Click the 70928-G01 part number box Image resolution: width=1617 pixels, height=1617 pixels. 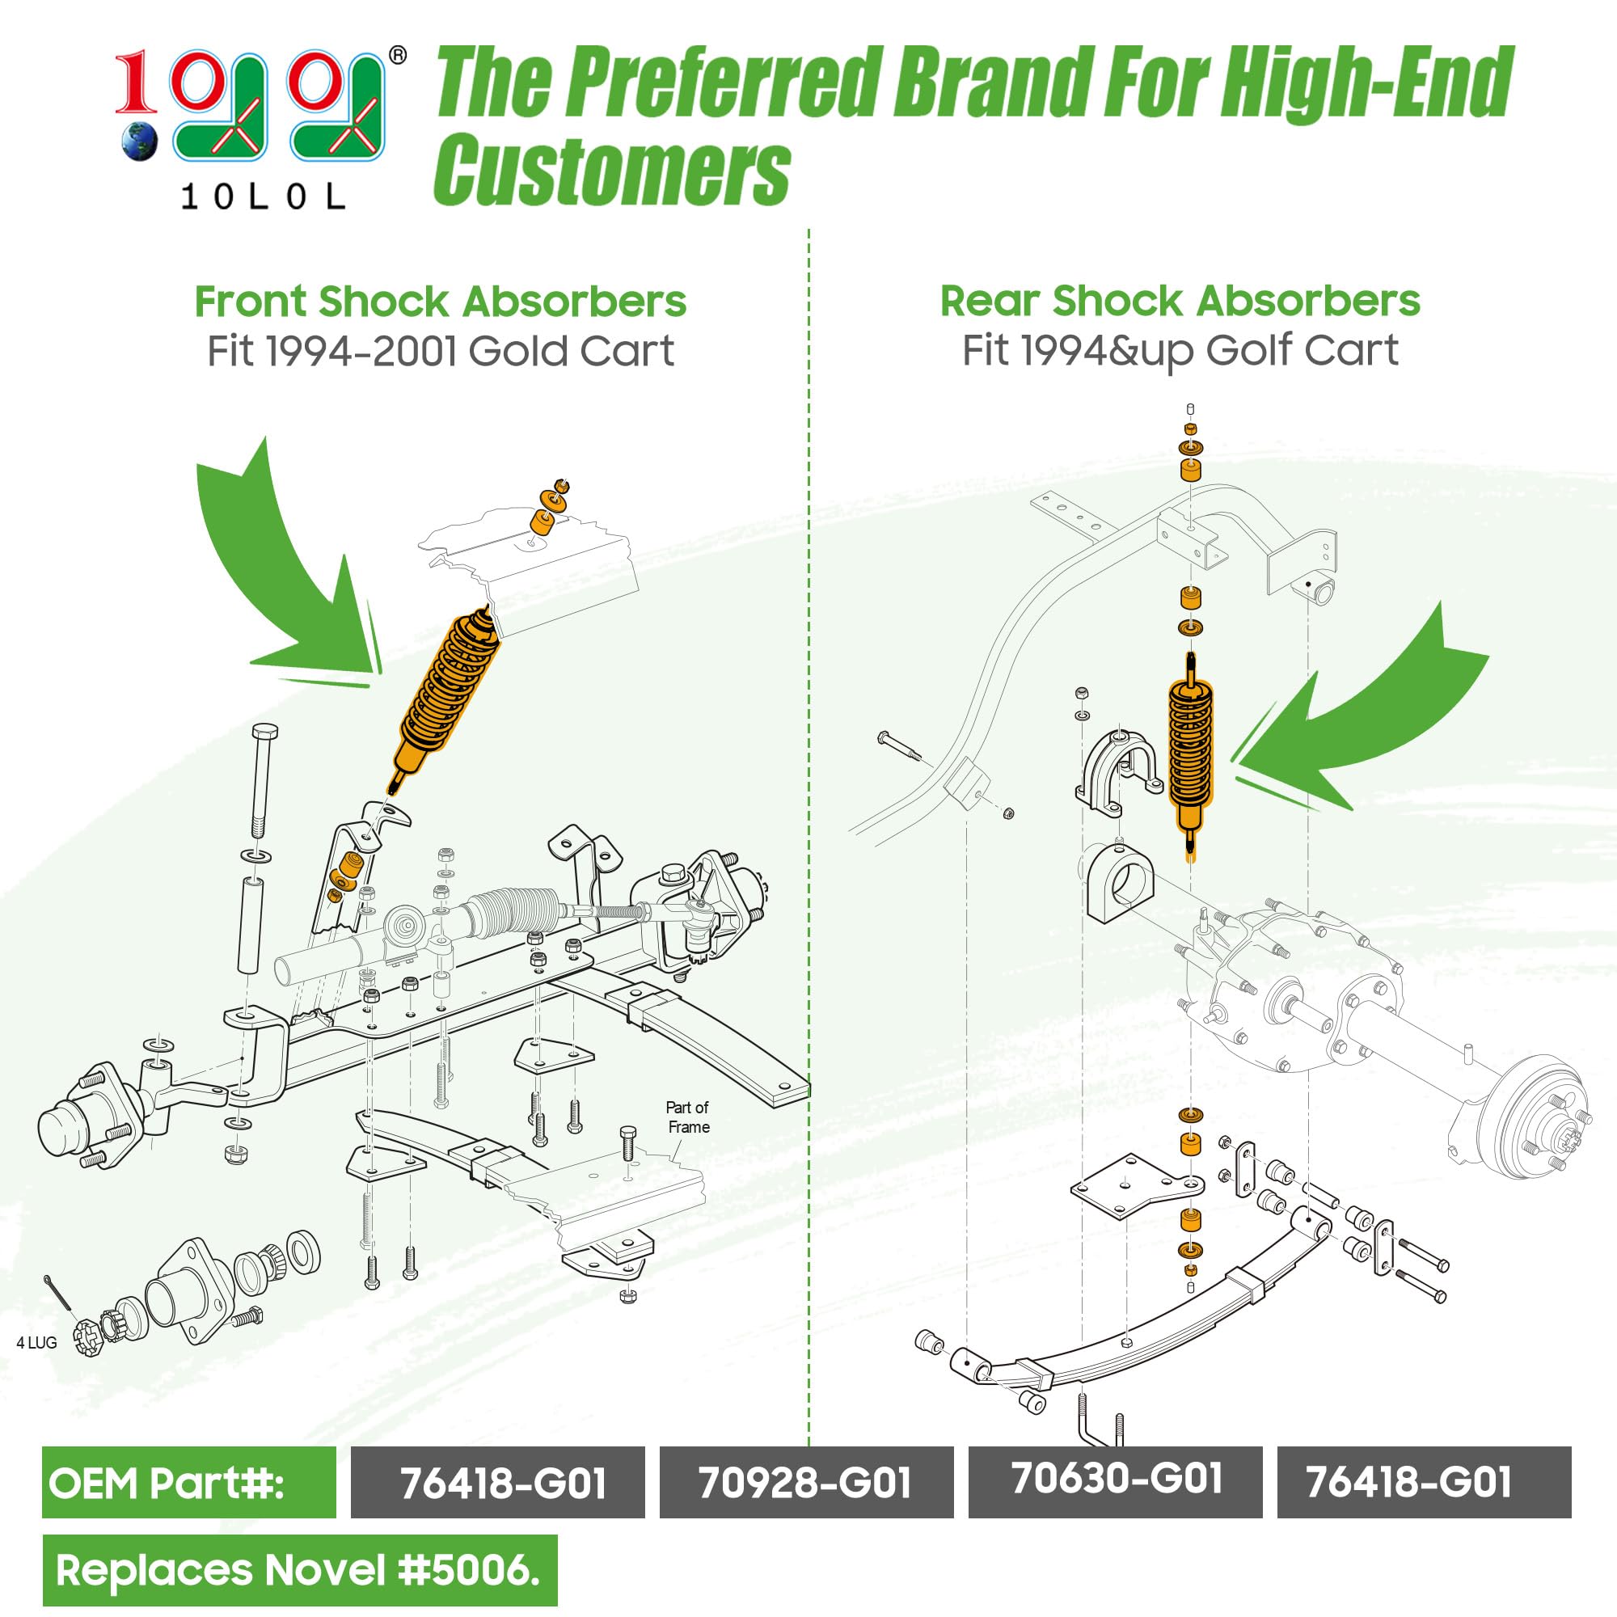pyautogui.click(x=806, y=1482)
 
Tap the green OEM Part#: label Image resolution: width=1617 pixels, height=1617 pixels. pyautogui.click(x=188, y=1482)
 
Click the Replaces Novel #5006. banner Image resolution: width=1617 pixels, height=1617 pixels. pyautogui.click(x=299, y=1570)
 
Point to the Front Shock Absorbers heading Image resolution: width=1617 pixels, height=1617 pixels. pyautogui.click(x=441, y=302)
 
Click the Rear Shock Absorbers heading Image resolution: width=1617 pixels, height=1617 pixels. pyautogui.click(x=1180, y=302)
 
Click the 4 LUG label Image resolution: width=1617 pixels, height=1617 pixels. pyautogui.click(x=37, y=1342)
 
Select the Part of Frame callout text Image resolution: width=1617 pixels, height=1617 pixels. pyautogui.click(x=688, y=1117)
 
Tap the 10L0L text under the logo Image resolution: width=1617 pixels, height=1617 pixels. pyautogui.click(x=263, y=197)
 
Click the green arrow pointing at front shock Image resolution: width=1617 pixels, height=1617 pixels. pyautogui.click(x=293, y=577)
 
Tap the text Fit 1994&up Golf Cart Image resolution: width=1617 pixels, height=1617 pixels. pyautogui.click(x=1180, y=351)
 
